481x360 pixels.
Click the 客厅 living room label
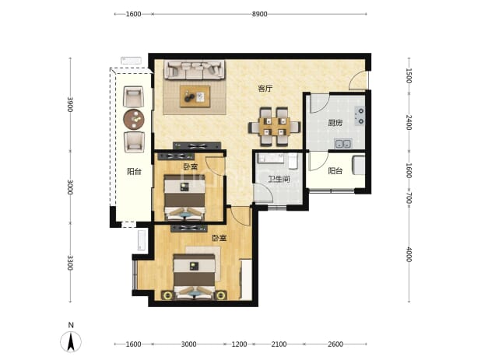tap(265, 89)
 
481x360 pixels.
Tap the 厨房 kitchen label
tap(335, 123)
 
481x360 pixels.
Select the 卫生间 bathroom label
tap(279, 179)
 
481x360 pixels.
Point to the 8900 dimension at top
tap(259, 14)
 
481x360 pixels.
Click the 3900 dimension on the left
tap(70, 104)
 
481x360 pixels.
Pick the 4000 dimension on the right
tap(409, 254)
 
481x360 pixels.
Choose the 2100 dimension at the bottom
tap(279, 344)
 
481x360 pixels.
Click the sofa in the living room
tap(194, 70)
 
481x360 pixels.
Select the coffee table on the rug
tap(195, 96)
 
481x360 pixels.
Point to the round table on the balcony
tap(134, 119)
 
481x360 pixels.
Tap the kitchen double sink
tap(343, 143)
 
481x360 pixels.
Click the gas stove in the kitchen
tap(360, 116)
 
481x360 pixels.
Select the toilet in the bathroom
tap(293, 161)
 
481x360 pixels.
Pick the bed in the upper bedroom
tap(184, 197)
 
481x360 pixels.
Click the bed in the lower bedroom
tap(194, 277)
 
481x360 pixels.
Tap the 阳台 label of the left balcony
tap(134, 171)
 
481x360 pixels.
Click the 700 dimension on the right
tap(409, 200)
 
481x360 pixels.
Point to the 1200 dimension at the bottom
tap(239, 344)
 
